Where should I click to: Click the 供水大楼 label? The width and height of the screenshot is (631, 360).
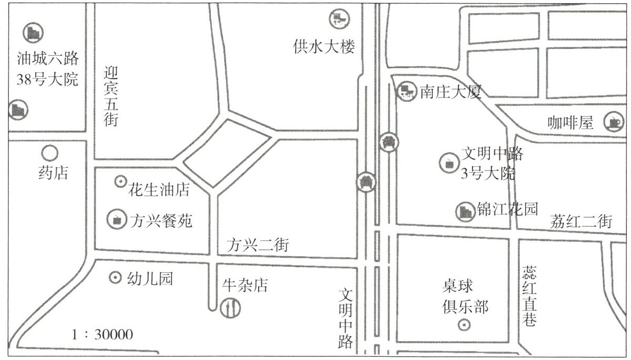pyautogui.click(x=324, y=47)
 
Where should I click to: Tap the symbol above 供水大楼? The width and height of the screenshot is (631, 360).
pyautogui.click(x=338, y=19)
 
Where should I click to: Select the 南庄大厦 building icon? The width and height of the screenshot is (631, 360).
pyautogui.click(x=405, y=92)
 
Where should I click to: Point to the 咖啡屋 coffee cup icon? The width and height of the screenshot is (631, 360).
pyautogui.click(x=613, y=122)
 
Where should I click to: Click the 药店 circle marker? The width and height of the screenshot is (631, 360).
pyautogui.click(x=49, y=153)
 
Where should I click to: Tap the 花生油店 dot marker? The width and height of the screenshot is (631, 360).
pyautogui.click(x=120, y=182)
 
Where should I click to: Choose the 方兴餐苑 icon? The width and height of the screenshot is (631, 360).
pyautogui.click(x=117, y=219)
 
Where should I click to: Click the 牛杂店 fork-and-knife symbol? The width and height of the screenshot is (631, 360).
pyautogui.click(x=230, y=307)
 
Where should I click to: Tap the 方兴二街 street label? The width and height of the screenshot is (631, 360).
pyautogui.click(x=258, y=245)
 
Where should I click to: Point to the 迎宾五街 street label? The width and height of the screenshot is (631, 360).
pyautogui.click(x=111, y=96)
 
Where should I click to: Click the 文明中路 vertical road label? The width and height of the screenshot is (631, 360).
pyautogui.click(x=347, y=320)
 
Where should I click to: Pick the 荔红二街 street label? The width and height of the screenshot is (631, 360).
pyautogui.click(x=581, y=222)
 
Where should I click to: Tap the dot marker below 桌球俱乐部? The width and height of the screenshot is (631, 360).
pyautogui.click(x=464, y=325)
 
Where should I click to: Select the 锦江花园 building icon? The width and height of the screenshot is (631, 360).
pyautogui.click(x=465, y=210)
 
